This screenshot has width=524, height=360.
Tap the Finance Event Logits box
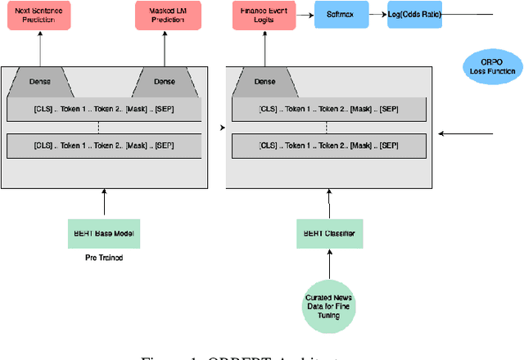tap(264, 15)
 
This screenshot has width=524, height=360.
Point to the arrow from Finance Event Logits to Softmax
tap(302, 15)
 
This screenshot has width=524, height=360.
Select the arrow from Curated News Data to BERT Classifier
tap(330, 264)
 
